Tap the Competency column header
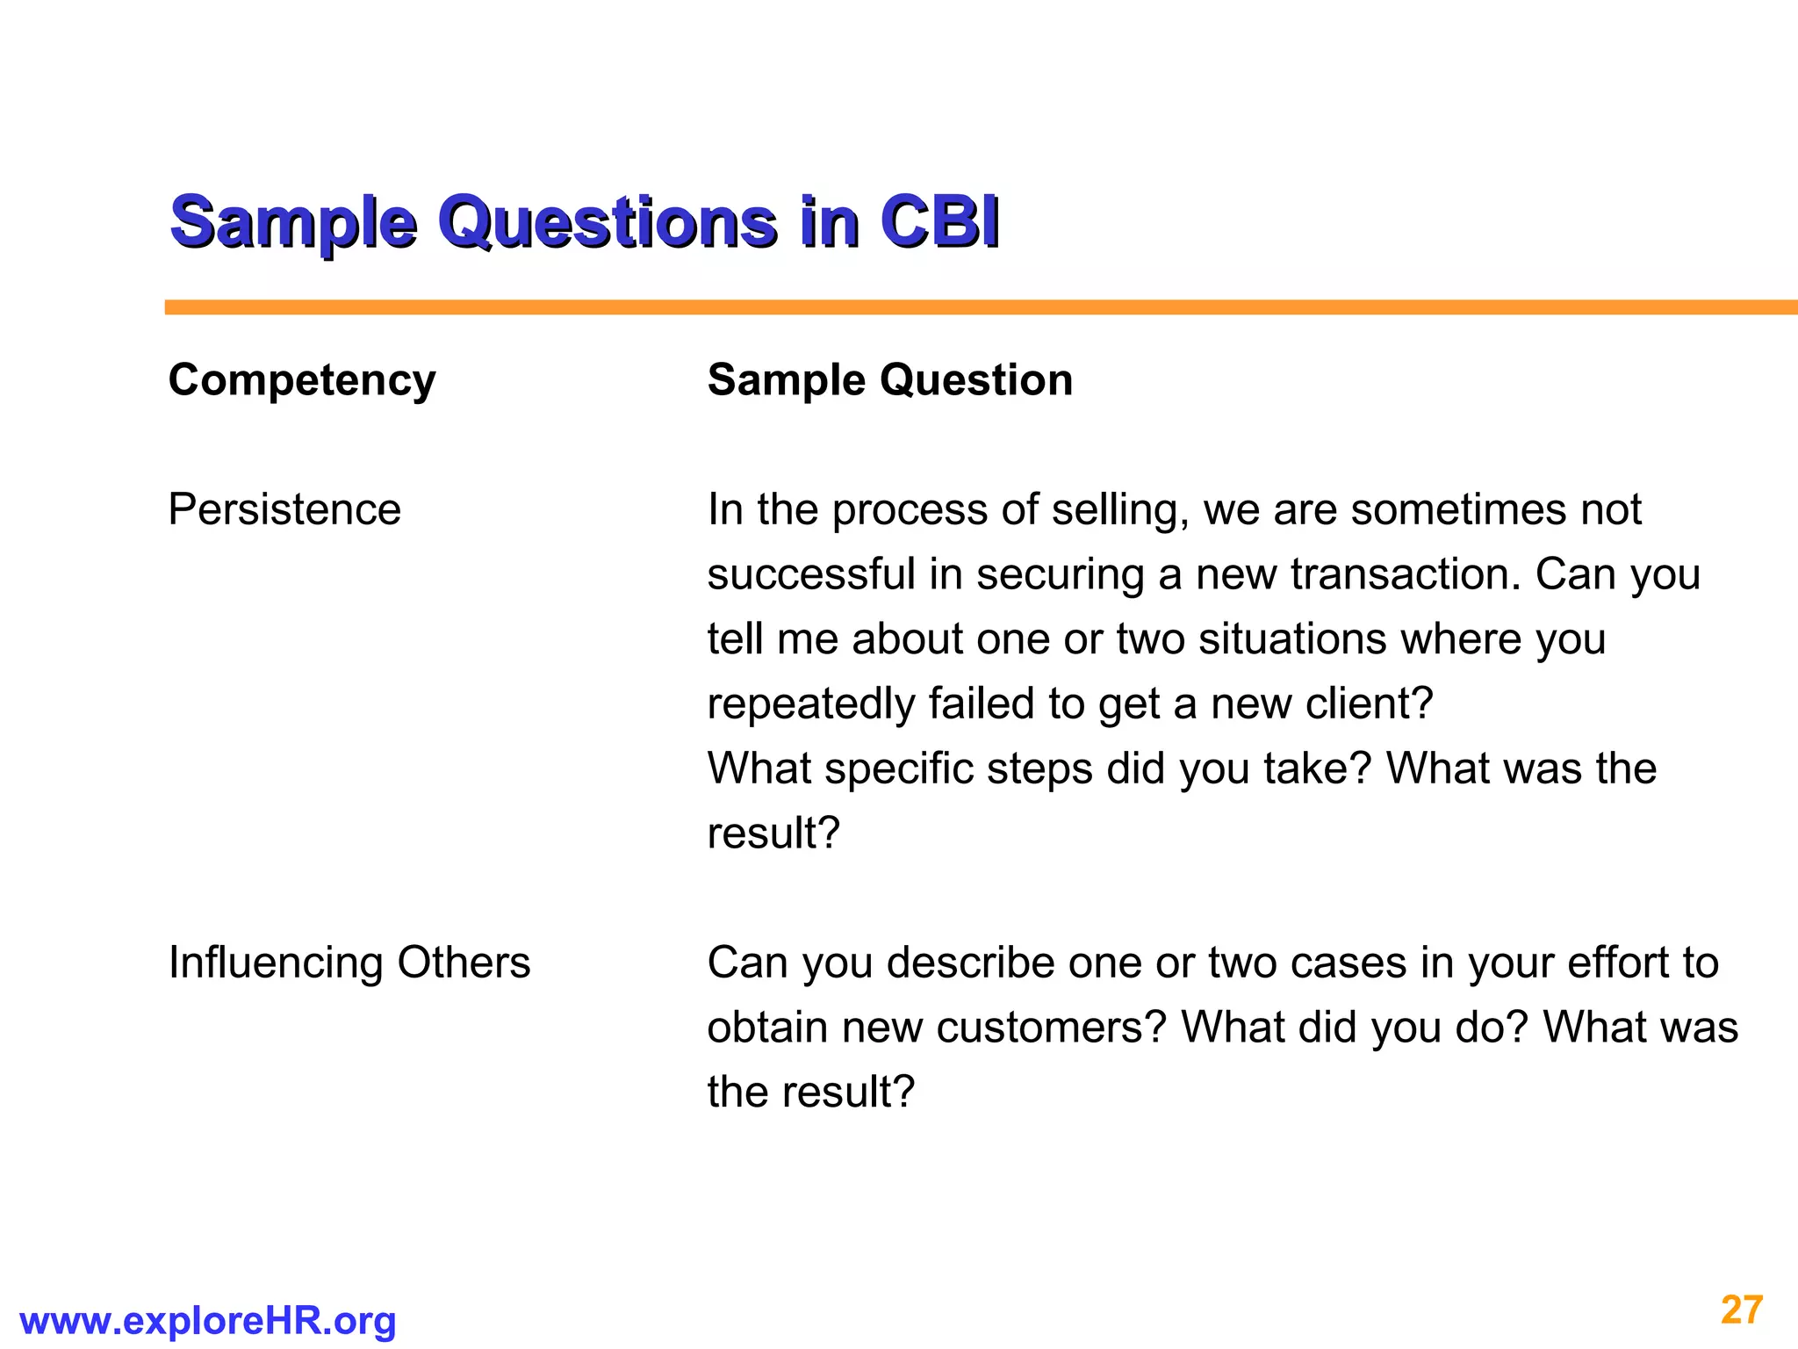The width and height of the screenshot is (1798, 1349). tap(302, 380)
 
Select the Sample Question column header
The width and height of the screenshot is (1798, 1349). tap(890, 380)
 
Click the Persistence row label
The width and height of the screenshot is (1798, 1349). tap(284, 509)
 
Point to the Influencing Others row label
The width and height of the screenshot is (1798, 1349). tap(349, 963)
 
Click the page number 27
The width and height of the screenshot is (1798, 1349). tap(1742, 1310)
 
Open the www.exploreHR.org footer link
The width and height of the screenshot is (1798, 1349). tap(208, 1321)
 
